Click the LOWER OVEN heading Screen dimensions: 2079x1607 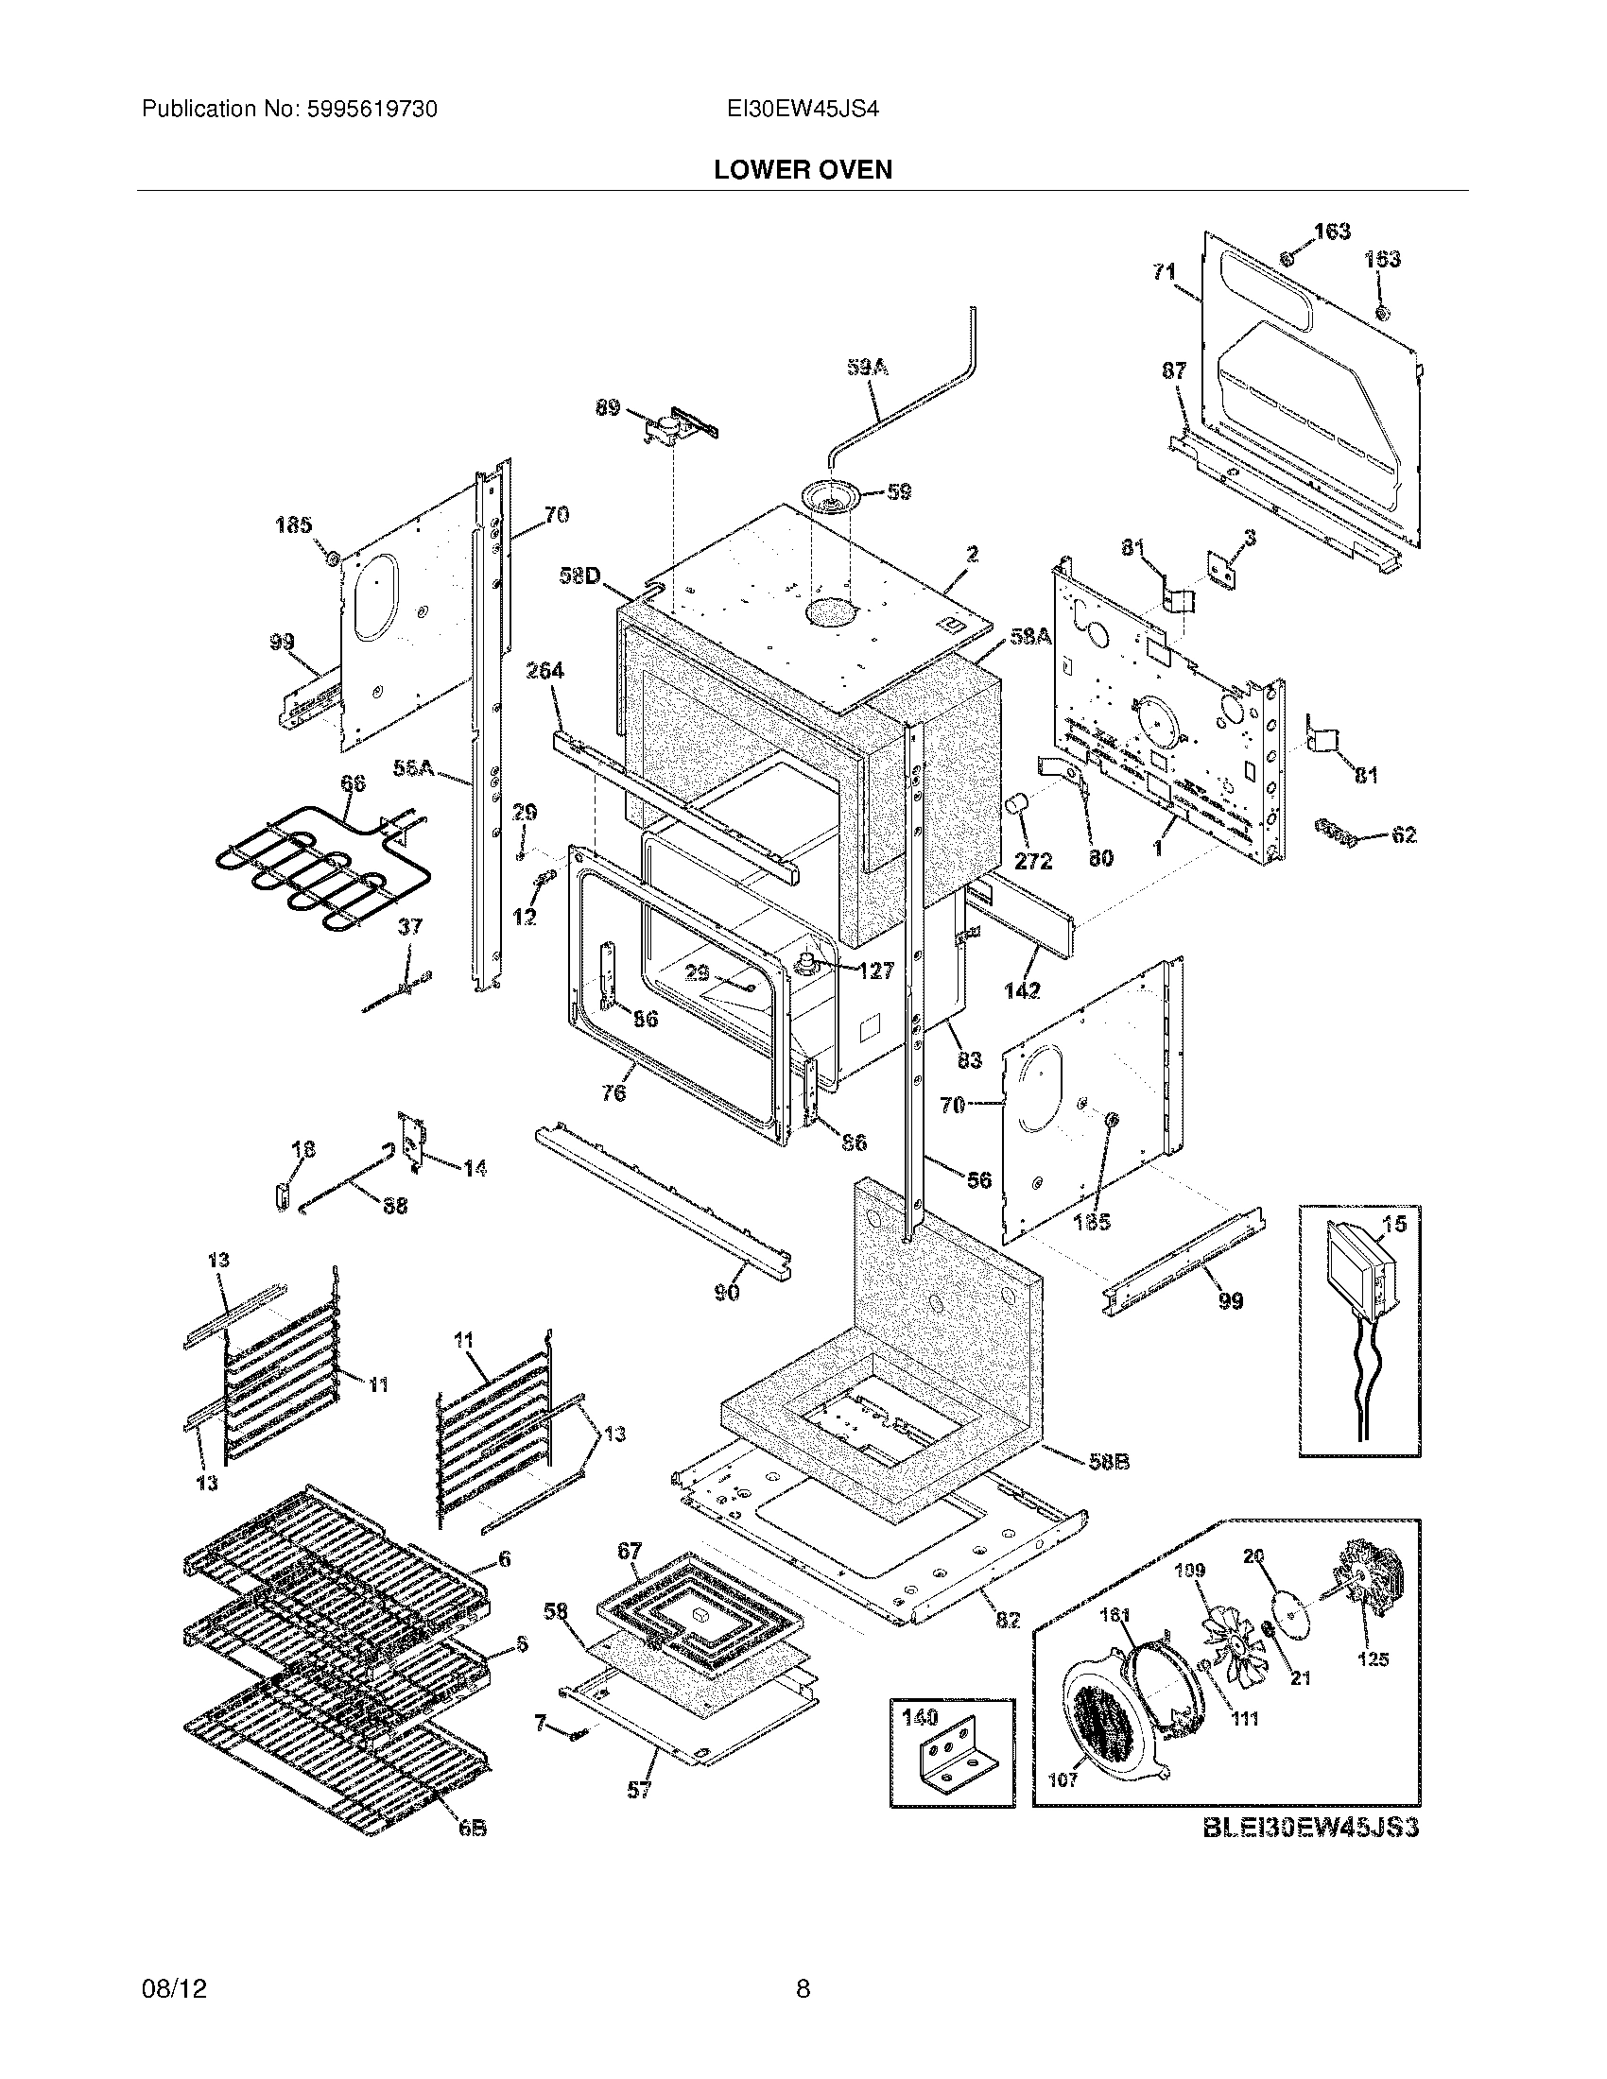(x=803, y=170)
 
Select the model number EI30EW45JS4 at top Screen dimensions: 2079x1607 (x=802, y=110)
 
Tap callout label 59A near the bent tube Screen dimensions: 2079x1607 (x=867, y=367)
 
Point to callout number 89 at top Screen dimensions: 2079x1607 (x=608, y=408)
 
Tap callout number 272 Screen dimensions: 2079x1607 (x=1033, y=861)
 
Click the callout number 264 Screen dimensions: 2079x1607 (x=545, y=670)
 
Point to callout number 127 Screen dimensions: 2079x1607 (x=875, y=970)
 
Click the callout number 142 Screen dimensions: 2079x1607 (x=1022, y=990)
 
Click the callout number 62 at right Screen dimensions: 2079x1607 (x=1403, y=834)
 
